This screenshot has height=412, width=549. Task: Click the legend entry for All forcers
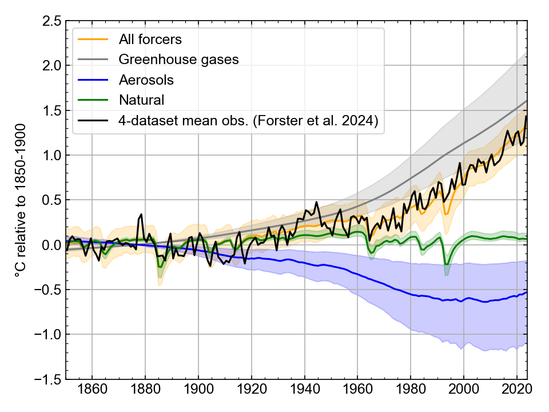pyautogui.click(x=150, y=39)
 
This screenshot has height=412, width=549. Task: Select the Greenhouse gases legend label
pyautogui.click(x=178, y=59)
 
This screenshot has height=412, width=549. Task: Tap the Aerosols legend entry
pyautogui.click(x=146, y=80)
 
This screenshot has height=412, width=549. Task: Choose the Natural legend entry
pyautogui.click(x=141, y=100)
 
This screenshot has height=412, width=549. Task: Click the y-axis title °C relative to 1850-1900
pyautogui.click(x=22, y=200)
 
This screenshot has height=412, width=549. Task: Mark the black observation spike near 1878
pyautogui.click(x=141, y=215)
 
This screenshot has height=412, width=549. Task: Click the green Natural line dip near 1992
pyautogui.click(x=446, y=264)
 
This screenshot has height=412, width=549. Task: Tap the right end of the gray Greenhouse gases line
pyautogui.click(x=527, y=101)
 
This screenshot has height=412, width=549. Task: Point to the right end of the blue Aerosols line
pyautogui.click(x=527, y=291)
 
